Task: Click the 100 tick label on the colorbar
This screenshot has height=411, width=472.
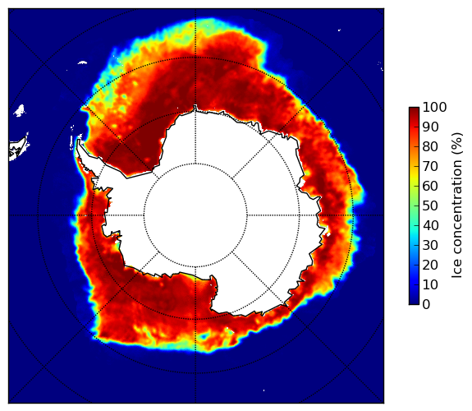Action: [x=434, y=107]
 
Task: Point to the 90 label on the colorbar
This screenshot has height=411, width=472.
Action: [x=430, y=127]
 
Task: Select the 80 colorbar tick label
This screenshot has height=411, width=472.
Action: [x=430, y=147]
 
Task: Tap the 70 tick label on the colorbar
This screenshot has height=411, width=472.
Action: [x=430, y=166]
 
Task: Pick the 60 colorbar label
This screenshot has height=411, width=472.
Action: [x=430, y=186]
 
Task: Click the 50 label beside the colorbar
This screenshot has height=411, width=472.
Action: [x=430, y=206]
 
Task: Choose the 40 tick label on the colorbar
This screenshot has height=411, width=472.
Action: [x=430, y=225]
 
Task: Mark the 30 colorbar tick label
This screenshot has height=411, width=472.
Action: [x=430, y=246]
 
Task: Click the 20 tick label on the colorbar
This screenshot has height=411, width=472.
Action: [x=430, y=265]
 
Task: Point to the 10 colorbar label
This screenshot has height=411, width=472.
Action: [x=430, y=284]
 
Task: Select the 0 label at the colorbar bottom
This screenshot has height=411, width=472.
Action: [x=427, y=305]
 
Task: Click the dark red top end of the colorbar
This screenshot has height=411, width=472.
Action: [x=414, y=109]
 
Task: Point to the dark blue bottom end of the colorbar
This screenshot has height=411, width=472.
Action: [x=414, y=302]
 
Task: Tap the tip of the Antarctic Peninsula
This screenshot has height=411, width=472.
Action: [x=78, y=141]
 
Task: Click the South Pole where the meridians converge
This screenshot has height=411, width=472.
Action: [x=195, y=215]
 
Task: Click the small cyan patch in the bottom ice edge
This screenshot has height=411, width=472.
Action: [x=205, y=335]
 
